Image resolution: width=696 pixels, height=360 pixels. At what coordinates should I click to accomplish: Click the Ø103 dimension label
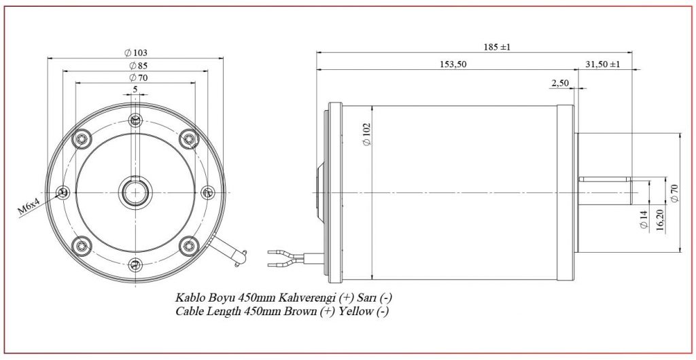pos(135,53)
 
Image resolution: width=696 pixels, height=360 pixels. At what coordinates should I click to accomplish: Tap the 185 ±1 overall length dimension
pos(497,47)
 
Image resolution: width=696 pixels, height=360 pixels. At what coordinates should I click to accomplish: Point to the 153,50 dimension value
pos(453,65)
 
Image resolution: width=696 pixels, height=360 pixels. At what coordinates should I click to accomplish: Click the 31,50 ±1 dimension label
pos(603,65)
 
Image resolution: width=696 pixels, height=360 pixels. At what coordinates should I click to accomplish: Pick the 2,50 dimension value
pos(560,83)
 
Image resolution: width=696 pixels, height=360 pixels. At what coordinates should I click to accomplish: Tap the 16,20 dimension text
pos(659,220)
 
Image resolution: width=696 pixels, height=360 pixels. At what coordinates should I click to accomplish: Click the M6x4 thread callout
pos(29,207)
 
